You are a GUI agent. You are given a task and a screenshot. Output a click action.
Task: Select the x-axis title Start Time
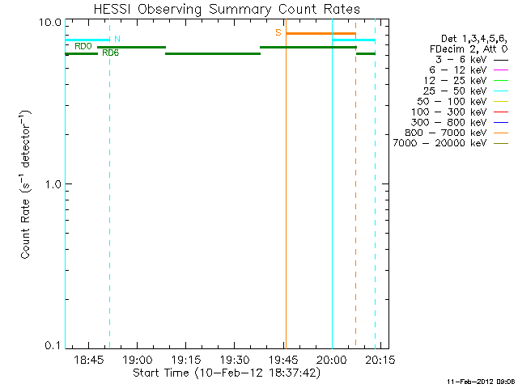click(226, 373)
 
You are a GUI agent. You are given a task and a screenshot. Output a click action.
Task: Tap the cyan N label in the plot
click(117, 39)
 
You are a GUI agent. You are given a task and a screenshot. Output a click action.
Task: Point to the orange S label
click(278, 33)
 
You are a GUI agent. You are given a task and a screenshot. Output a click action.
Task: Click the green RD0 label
click(83, 47)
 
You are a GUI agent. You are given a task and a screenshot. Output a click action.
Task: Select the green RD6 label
click(111, 53)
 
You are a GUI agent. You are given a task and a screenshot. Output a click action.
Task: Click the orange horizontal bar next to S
click(321, 34)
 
